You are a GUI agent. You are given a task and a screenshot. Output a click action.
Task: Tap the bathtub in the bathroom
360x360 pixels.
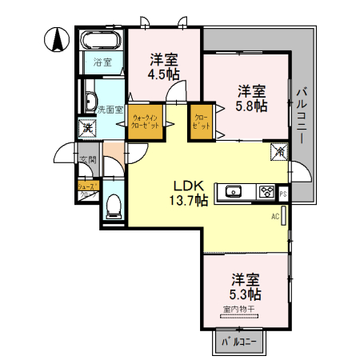[x=101, y=41]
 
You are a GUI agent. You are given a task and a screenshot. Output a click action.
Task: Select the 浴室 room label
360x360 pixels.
[x=102, y=62]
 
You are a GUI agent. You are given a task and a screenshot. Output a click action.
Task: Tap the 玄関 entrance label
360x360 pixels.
[x=87, y=160]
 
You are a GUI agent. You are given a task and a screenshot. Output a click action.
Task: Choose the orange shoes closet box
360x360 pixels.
[x=87, y=189]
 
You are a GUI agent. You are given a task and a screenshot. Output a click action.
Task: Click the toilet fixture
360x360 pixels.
[x=113, y=205]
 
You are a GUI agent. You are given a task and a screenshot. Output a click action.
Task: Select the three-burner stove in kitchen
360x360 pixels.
[x=265, y=191]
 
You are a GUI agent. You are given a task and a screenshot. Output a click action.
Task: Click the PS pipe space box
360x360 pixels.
[x=283, y=192]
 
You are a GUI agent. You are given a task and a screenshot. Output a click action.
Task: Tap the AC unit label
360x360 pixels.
[x=274, y=217]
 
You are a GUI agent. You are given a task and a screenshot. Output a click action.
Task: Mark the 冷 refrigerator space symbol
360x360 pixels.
[x=278, y=149]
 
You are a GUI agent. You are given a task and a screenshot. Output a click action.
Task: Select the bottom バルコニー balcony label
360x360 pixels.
[x=242, y=342]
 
